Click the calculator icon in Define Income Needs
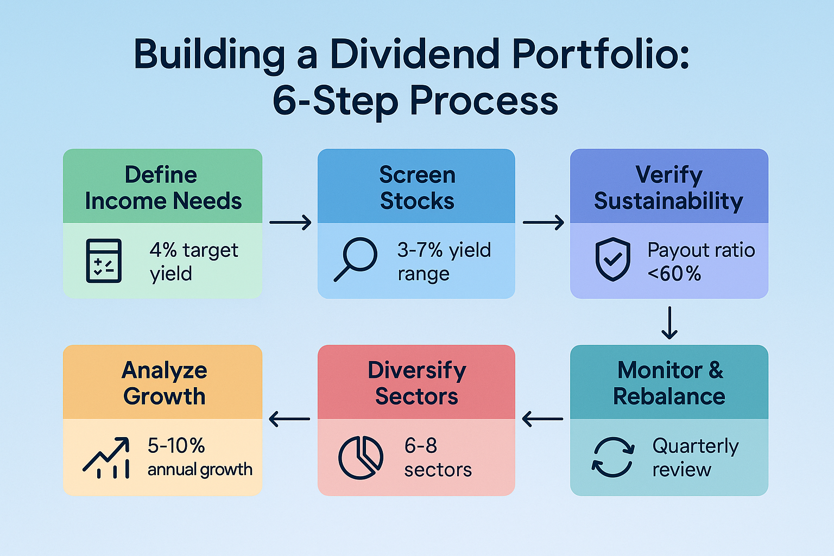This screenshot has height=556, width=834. (104, 261)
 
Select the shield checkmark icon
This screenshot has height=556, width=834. (613, 259)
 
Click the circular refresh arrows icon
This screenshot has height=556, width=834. (613, 457)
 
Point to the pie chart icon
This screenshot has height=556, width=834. (361, 457)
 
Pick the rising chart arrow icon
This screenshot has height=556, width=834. (107, 457)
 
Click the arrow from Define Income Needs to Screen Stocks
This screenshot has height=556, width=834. (290, 222)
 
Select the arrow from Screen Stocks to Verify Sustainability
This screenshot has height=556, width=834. (544, 222)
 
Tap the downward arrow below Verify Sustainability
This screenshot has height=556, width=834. (669, 323)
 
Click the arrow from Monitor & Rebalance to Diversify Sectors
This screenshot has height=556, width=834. (542, 419)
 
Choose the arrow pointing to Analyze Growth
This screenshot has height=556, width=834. (289, 419)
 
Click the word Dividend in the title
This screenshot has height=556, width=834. (415, 55)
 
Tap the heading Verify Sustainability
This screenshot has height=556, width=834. (668, 188)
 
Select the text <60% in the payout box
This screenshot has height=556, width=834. (674, 274)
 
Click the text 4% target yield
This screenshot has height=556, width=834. (193, 261)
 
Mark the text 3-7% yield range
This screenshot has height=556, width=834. (444, 261)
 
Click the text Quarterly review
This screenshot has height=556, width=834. (694, 457)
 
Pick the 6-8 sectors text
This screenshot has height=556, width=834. (438, 457)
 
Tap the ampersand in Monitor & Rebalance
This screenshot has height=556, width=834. (716, 370)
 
